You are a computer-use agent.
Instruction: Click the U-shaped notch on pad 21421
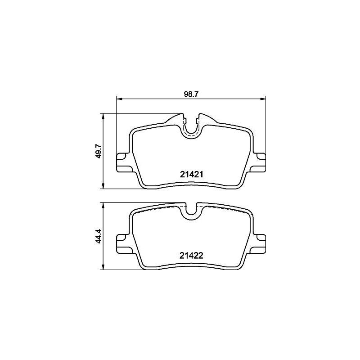(192, 128)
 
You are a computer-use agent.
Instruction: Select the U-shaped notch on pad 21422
(192, 211)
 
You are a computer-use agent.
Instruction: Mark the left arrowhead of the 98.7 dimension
(119, 98)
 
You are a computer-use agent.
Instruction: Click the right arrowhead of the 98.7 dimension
(263, 98)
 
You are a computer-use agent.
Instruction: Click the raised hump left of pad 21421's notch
(175, 119)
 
